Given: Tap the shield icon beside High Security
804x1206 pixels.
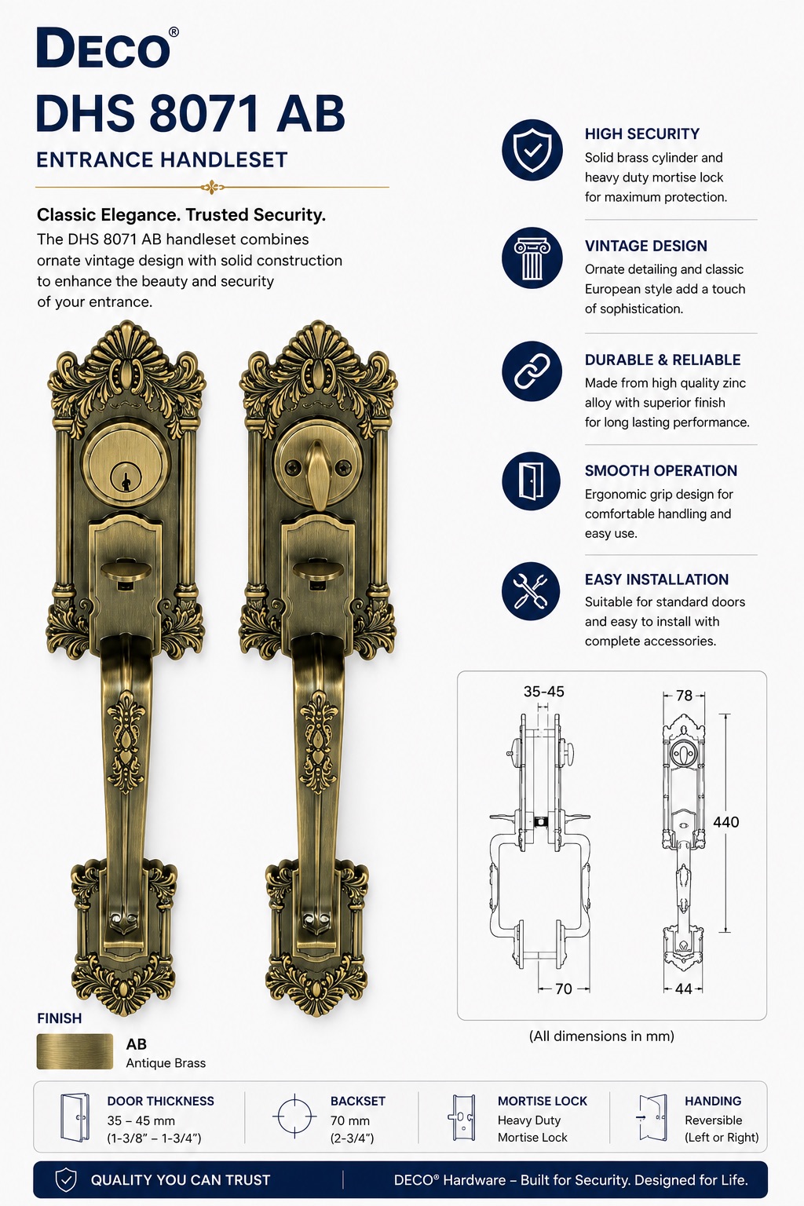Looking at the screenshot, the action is (x=532, y=150).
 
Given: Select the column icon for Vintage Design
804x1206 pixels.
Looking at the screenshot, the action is (x=532, y=258).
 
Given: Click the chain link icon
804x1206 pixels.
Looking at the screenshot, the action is (x=532, y=371).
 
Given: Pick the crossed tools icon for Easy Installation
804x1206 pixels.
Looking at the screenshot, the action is (x=531, y=591).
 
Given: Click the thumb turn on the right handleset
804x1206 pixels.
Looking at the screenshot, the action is (x=318, y=473).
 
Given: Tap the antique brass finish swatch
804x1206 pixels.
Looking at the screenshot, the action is (x=75, y=1051).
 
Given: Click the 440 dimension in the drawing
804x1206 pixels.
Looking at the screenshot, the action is (x=726, y=821).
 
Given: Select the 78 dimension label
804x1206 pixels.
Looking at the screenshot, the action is (x=684, y=696).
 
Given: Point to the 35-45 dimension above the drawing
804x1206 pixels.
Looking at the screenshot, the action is (x=544, y=691).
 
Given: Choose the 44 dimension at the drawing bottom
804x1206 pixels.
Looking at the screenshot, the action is (x=683, y=989).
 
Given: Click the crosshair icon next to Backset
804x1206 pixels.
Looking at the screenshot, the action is (x=294, y=1116).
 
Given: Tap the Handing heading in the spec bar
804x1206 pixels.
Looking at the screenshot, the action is (x=713, y=1101).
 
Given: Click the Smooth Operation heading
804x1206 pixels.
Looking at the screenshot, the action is (x=661, y=470).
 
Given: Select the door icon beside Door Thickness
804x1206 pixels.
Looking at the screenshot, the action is (x=75, y=1117).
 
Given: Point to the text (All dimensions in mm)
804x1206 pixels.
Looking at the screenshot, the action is (x=601, y=1036).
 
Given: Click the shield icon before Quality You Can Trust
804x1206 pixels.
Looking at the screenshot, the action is (x=66, y=1180).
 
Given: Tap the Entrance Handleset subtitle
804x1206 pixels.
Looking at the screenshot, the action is (x=162, y=160).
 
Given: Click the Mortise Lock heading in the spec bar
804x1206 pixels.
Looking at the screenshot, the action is (x=543, y=1101).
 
